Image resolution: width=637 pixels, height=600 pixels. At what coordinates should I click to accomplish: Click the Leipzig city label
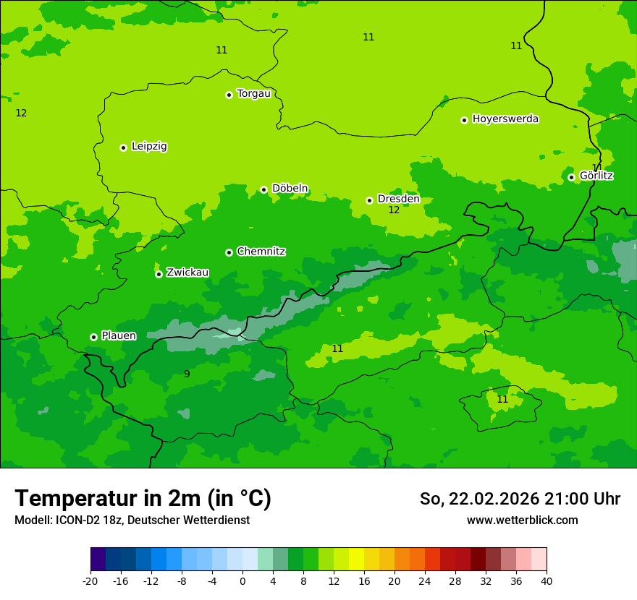(x=149, y=146)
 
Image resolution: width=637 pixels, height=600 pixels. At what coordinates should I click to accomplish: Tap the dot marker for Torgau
(x=229, y=95)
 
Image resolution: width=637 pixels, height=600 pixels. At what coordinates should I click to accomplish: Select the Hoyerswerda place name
(x=505, y=119)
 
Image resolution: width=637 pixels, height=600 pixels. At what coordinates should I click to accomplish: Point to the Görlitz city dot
(x=571, y=177)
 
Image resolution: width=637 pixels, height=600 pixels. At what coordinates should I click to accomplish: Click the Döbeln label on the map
(x=290, y=188)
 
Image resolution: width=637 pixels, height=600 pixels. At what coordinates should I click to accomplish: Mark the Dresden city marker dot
(x=369, y=200)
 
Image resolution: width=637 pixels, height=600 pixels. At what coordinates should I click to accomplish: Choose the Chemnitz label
(x=261, y=252)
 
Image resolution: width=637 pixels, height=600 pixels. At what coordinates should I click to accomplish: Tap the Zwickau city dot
(x=159, y=274)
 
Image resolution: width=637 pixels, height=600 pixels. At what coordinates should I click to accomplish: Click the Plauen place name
(x=119, y=335)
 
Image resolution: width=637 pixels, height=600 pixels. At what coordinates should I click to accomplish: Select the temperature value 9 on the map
(x=187, y=374)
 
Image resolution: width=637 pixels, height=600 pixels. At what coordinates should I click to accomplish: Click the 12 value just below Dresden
(x=394, y=210)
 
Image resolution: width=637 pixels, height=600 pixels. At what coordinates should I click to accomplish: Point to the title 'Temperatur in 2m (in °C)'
(x=143, y=499)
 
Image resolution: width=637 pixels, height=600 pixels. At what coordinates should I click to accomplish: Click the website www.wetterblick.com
(x=522, y=520)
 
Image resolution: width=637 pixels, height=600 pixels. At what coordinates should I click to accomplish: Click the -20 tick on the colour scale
(x=90, y=581)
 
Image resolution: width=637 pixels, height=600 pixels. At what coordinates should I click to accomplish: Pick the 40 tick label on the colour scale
(x=547, y=581)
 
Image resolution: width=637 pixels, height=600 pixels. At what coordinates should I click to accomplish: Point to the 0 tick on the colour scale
(x=242, y=581)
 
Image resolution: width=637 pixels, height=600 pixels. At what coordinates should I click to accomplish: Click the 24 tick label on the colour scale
(x=425, y=581)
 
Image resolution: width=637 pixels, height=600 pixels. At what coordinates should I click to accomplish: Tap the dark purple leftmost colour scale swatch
(x=98, y=560)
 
